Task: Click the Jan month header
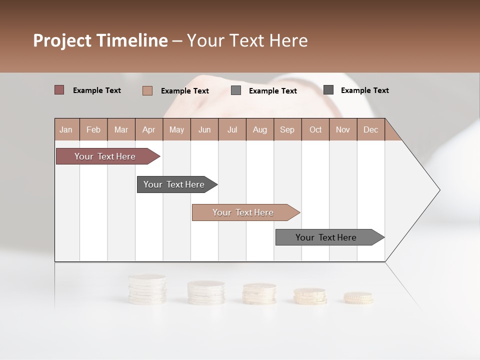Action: coord(66,129)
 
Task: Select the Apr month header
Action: coord(149,129)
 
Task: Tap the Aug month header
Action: coord(260,129)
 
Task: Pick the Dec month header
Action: coord(370,129)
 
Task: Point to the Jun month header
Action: coord(204,129)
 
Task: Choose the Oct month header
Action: coord(315,129)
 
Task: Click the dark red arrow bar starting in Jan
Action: coord(105,156)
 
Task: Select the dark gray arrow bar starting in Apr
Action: coord(174,184)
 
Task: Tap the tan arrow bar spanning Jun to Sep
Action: coord(243,212)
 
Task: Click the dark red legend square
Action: coord(59,90)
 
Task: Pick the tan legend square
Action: coord(147,90)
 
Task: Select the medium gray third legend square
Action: coord(236,90)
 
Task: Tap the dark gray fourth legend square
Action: coord(328,90)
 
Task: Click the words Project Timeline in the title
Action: coord(100,40)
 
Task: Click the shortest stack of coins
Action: coord(358,298)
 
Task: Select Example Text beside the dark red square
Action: coord(97,90)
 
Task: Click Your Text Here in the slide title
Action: coord(247,40)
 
